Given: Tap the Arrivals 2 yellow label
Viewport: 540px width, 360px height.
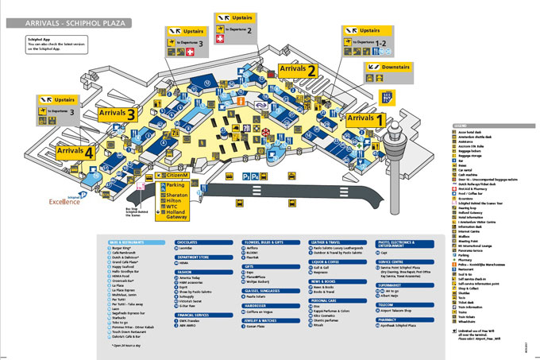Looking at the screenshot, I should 298,71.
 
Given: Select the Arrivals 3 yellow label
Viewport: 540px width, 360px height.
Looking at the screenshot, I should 118,114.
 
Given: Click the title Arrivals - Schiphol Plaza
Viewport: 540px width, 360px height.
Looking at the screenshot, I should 67,24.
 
